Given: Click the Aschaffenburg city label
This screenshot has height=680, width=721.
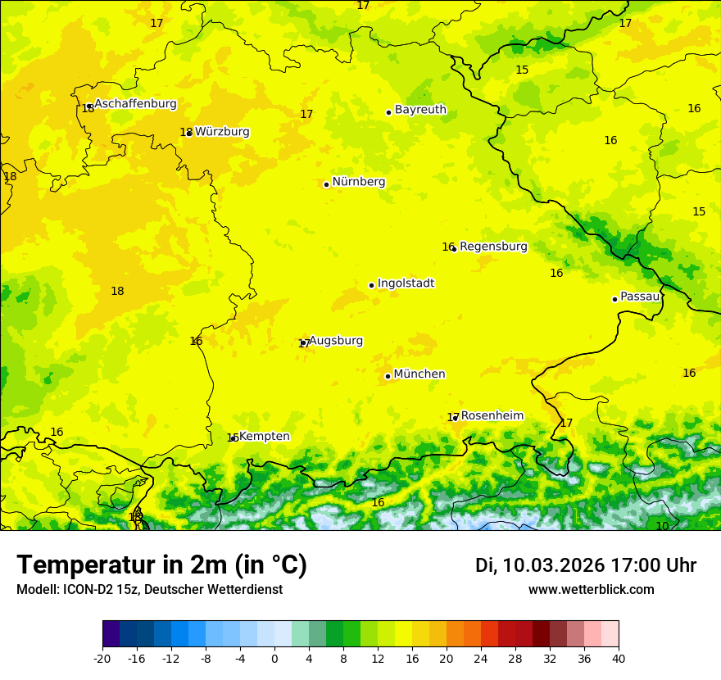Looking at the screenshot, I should coord(135,104).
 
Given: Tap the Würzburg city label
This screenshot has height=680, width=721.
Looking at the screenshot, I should coord(222,132).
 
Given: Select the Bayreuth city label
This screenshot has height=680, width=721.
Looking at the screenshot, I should coord(420,110).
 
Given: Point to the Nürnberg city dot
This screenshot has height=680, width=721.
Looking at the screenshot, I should coord(326,184).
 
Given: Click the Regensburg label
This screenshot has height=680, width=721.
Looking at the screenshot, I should coord(493,247).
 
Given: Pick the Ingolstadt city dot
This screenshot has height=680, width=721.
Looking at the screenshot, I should coord(371,285).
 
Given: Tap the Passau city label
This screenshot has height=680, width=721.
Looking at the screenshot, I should coord(640,297).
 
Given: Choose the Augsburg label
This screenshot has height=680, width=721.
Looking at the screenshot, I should coord(336,341).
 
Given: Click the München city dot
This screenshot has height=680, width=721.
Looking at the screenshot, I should coord(388,376).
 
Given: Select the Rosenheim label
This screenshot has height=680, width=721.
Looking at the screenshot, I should coord(492,416).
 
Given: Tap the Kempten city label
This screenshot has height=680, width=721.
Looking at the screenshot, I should coord(264,437).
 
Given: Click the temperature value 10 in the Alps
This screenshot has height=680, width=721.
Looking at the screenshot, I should coord(662,526).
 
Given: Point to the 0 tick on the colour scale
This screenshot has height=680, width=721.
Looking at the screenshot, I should coord(274,658).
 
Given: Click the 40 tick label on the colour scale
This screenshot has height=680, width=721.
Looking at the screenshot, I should coord(619,658).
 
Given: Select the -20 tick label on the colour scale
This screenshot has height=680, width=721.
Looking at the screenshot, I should coord(102,658).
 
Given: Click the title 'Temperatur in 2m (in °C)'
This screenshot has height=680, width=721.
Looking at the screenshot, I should coord(161,565).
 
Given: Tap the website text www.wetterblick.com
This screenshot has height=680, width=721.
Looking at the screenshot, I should coord(591,590).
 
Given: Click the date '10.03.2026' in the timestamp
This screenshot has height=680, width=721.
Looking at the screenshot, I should coord(553,565).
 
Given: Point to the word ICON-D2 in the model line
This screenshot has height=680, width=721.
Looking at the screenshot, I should coord(85,590).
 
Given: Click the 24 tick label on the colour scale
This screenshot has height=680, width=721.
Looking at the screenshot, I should coord(481,658).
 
